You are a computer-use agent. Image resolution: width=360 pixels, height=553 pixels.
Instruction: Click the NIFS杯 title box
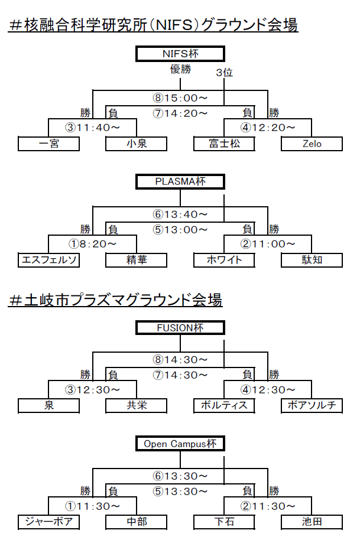(x=180, y=54)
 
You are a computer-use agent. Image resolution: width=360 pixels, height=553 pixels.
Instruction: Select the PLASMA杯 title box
(x=180, y=181)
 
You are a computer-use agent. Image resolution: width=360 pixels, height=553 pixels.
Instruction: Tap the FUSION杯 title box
(x=180, y=328)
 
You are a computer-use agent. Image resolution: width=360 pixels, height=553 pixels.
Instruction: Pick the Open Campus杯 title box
(x=180, y=444)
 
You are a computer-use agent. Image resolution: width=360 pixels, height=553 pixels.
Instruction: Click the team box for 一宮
(x=48, y=144)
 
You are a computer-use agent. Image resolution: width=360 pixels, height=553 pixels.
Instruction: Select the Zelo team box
(x=312, y=144)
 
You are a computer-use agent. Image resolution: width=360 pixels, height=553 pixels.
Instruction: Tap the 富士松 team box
(x=224, y=144)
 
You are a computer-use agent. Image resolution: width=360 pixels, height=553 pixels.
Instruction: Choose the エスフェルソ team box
(x=48, y=260)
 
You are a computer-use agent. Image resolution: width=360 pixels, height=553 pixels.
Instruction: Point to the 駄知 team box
(x=312, y=260)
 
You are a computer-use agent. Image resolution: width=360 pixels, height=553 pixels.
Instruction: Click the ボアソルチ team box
(x=312, y=405)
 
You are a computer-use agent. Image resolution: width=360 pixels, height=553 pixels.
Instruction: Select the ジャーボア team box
(x=48, y=522)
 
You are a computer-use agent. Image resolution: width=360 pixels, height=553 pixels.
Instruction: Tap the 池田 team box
(x=312, y=522)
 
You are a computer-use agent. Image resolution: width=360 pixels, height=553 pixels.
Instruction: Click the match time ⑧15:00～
(x=180, y=97)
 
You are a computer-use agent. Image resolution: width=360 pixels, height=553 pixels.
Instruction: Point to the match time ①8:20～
(x=92, y=243)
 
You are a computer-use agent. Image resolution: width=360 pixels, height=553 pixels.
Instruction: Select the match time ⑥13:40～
(x=180, y=214)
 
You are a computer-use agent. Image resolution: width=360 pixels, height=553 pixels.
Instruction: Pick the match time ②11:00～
(x=268, y=243)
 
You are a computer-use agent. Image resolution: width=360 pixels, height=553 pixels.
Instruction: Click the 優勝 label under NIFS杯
(x=181, y=69)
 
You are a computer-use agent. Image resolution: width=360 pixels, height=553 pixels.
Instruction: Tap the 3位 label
(x=225, y=72)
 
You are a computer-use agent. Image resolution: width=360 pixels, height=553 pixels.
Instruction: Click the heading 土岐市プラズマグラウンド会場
(x=115, y=300)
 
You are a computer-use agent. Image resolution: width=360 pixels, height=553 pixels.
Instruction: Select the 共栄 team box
(x=136, y=405)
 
